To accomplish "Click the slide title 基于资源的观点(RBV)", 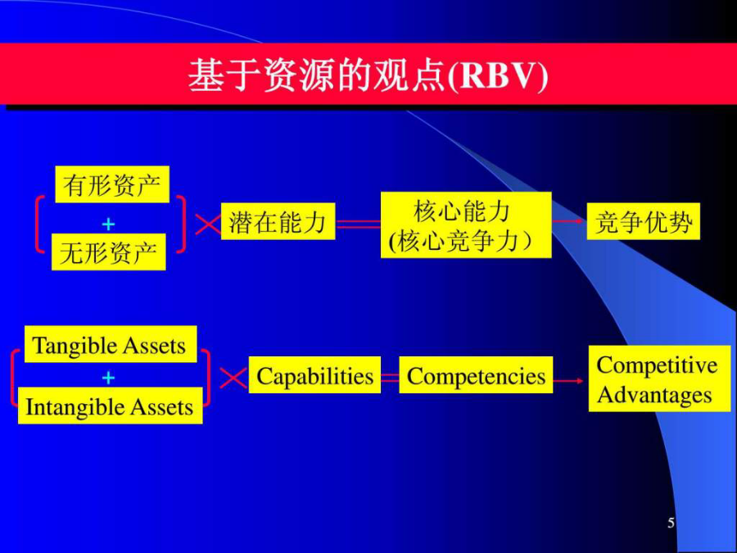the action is click(x=368, y=75).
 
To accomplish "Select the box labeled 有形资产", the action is click(x=112, y=184).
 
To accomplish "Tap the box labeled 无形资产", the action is click(x=109, y=252).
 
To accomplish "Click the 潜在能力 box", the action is click(x=278, y=221).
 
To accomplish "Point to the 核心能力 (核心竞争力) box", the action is click(x=466, y=224).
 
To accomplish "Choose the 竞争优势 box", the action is click(x=644, y=221).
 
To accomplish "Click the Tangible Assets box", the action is click(x=111, y=344).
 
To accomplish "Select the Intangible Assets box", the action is click(x=111, y=406).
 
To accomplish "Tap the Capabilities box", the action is click(x=314, y=374).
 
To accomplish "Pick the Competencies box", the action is click(x=476, y=374).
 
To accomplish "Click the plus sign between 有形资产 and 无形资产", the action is click(x=109, y=224).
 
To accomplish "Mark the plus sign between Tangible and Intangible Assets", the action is click(x=109, y=378).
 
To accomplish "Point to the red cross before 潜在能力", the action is click(x=208, y=224).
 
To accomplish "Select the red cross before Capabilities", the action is click(x=233, y=378).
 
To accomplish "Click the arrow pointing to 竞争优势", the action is click(x=569, y=221).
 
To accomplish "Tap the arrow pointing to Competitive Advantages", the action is click(x=569, y=380).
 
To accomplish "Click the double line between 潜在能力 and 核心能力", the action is click(x=358, y=224).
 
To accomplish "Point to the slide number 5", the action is click(x=671, y=523).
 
